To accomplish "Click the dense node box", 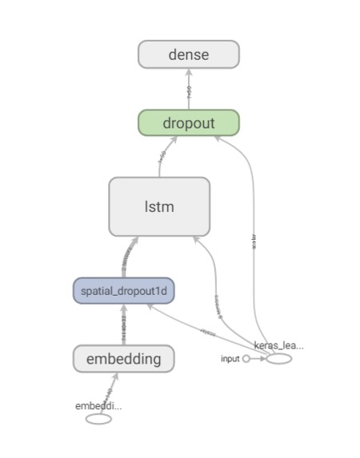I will pos(189,54).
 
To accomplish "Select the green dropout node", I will pos(189,123).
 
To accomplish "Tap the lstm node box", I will pos(159,207).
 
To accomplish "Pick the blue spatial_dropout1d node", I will pos(123,291).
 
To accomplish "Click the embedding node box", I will pos(123,359).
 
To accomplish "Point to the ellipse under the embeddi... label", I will pos(98,419).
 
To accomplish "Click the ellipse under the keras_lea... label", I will pos(278,359).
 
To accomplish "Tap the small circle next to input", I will pos(246,359).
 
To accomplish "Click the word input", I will pos(230,359).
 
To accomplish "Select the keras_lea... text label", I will pos(278,345).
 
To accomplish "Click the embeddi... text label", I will pos(98,406).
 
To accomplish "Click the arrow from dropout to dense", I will pos(189,89).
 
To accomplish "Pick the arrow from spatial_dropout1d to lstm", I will pos(129,257).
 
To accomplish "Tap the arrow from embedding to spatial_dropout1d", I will pos(123,325).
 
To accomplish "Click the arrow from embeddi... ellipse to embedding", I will pos(107,393).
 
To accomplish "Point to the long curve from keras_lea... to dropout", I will pos(253,240).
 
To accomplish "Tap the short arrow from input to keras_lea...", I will pos(258,359).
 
